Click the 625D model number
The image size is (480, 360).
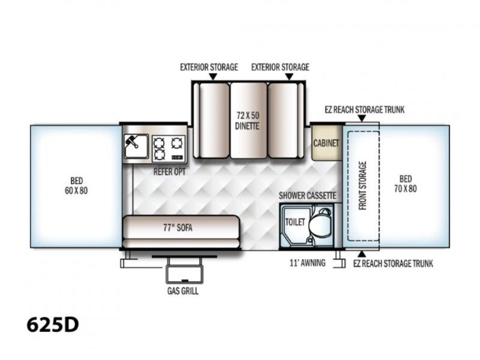52,325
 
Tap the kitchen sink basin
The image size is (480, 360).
136,146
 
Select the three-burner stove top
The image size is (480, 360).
169,149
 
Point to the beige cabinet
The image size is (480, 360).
326,143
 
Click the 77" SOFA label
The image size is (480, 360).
178,227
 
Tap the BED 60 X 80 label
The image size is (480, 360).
76,185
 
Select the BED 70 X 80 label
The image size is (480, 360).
406,184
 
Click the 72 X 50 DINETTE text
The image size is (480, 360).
247,121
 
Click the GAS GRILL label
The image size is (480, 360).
183,291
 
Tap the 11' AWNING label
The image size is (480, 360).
308,263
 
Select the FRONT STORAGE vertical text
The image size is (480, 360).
362,185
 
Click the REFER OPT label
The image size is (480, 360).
170,172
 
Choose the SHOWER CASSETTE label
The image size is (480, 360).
307,196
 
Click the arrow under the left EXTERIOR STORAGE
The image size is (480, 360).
213,77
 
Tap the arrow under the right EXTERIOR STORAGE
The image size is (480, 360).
289,77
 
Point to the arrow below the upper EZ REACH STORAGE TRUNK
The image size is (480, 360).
362,118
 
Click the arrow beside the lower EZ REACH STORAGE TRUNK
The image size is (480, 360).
362,254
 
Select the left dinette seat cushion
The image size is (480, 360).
214,121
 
